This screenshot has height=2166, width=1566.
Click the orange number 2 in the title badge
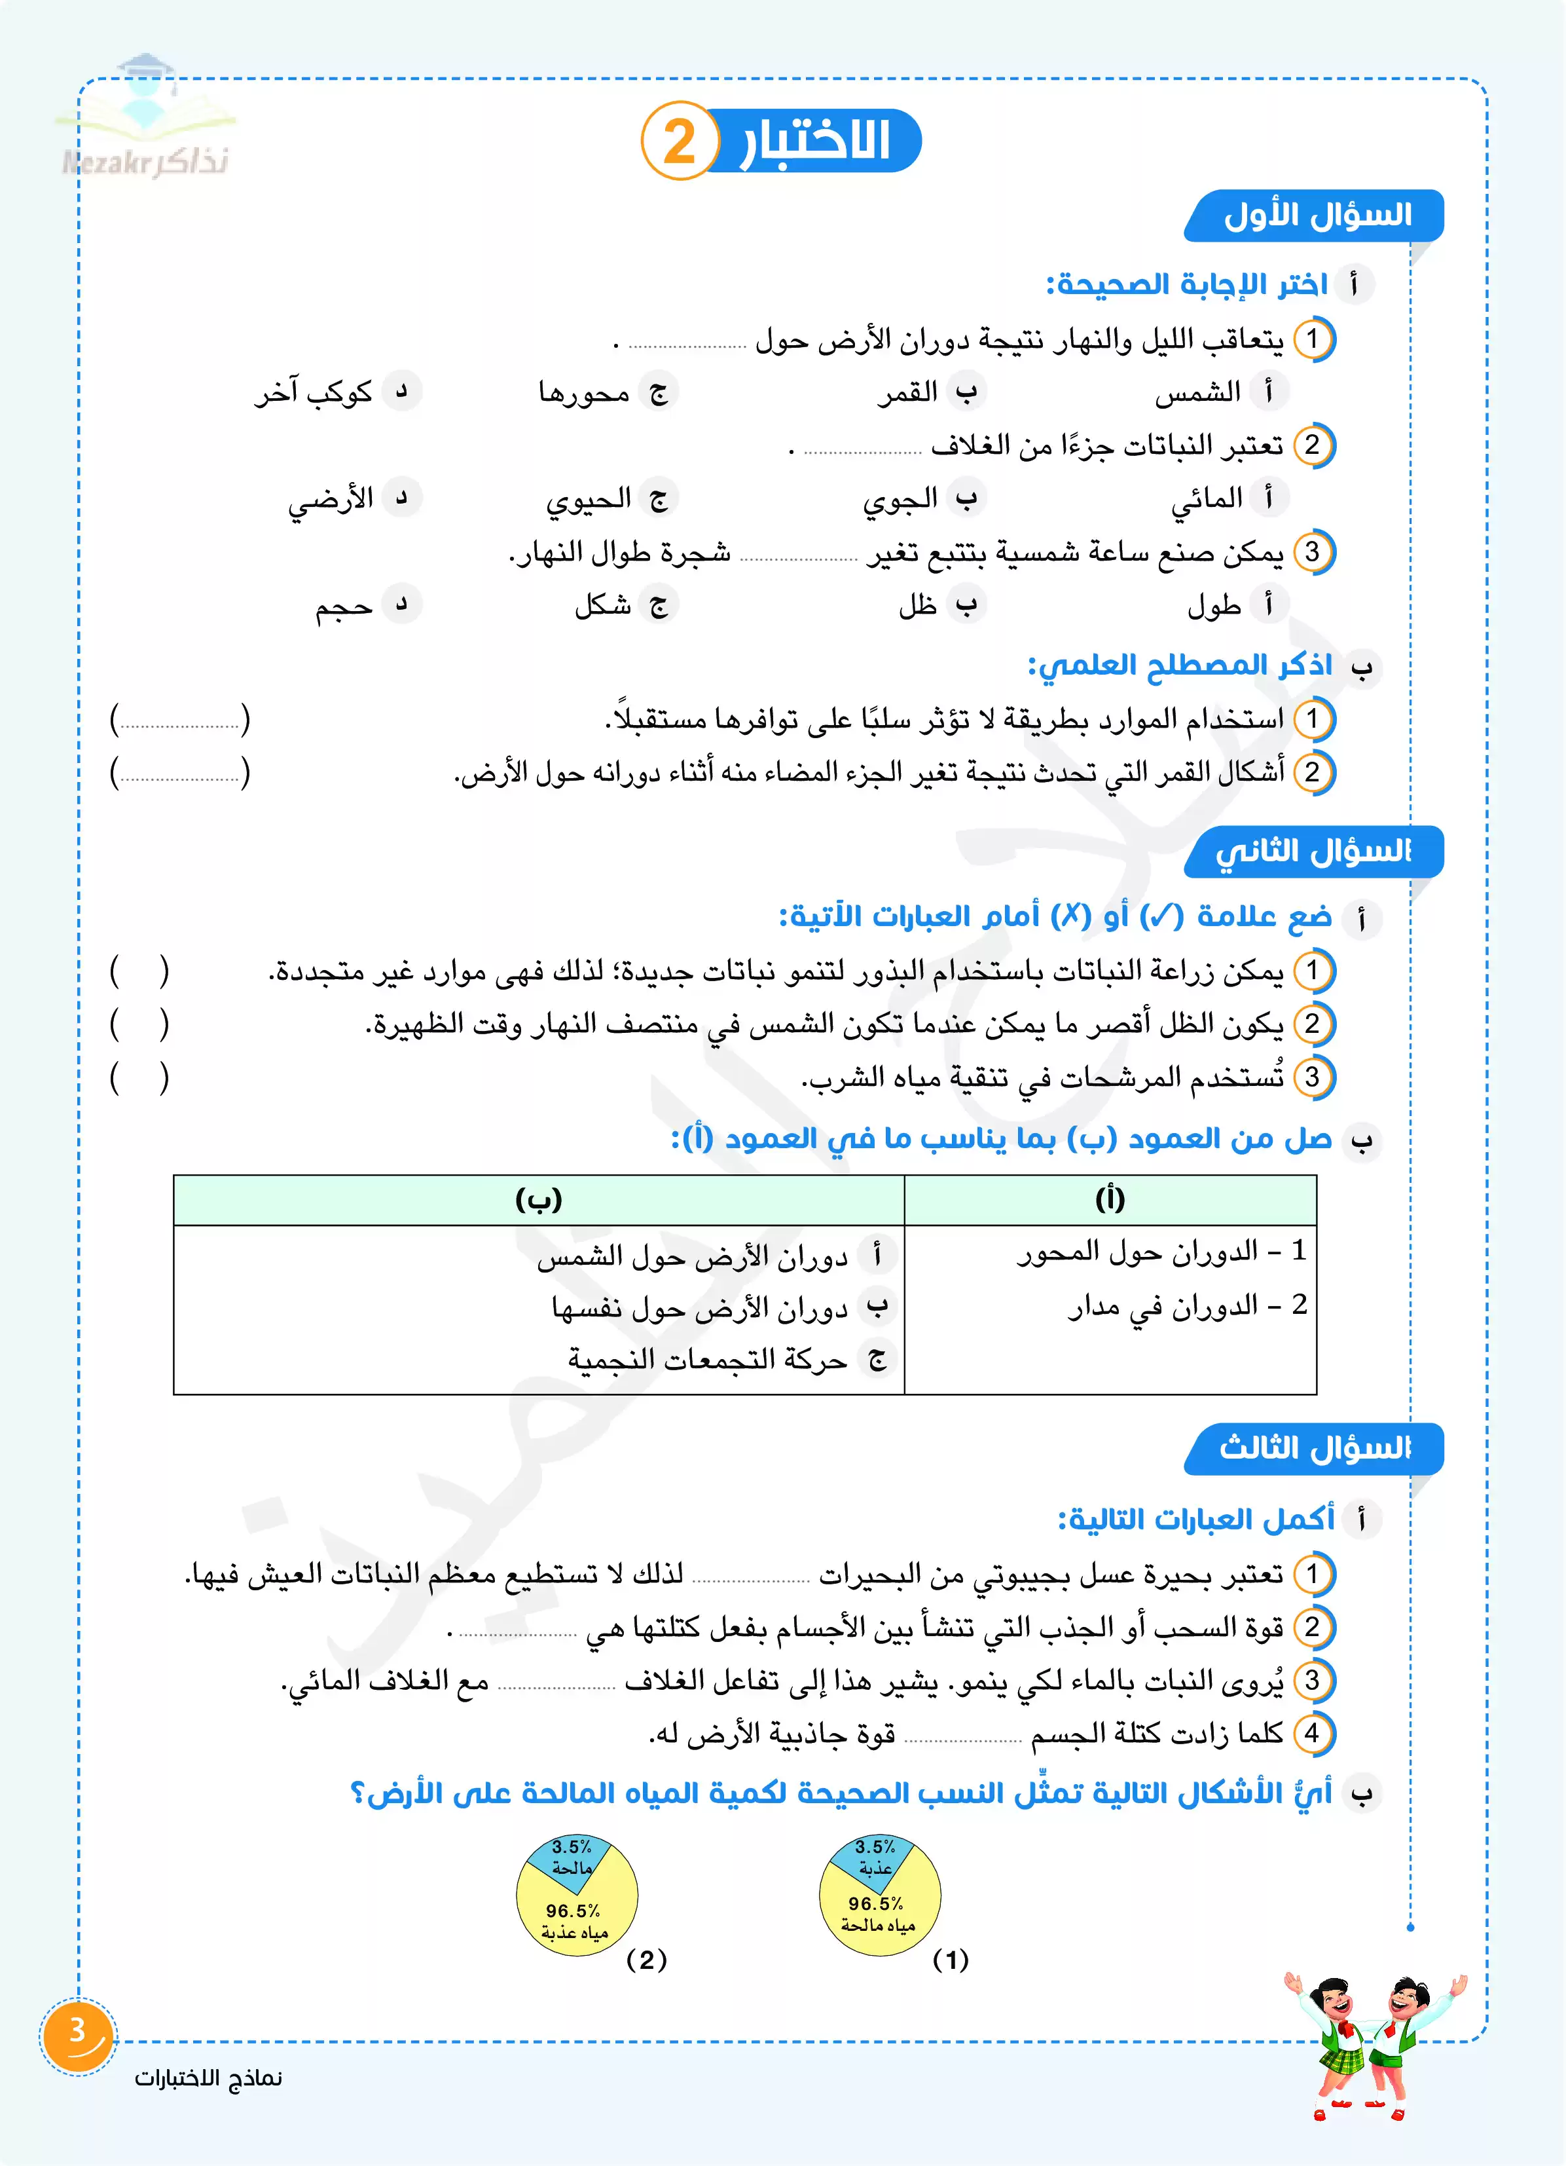[x=679, y=141]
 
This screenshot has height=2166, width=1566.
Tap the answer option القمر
[x=908, y=392]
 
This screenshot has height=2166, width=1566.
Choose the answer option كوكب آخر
[x=313, y=392]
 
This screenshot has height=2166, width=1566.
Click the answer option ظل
[x=918, y=605]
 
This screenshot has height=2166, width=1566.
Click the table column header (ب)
[x=539, y=1199]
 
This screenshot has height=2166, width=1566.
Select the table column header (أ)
[x=1110, y=1199]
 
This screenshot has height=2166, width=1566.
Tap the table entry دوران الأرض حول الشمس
[x=692, y=1258]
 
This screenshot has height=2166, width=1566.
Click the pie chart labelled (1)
[x=879, y=1895]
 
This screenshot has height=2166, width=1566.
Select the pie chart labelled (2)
[x=577, y=1895]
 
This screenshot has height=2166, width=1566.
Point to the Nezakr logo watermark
[x=145, y=119]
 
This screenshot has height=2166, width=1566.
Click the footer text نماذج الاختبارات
[x=208, y=2078]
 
